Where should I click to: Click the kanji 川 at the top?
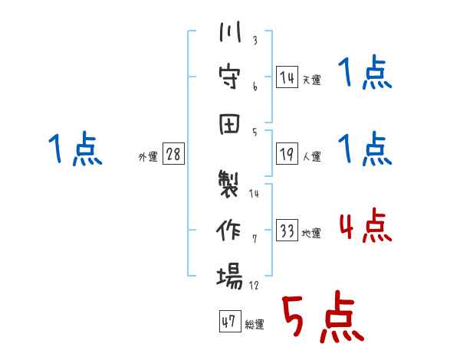pyautogui.click(x=230, y=31)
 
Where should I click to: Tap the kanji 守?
pyautogui.click(x=229, y=77)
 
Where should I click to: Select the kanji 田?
pyautogui.click(x=229, y=124)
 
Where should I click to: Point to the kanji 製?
pyautogui.click(x=228, y=184)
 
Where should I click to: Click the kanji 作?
pyautogui.click(x=228, y=230)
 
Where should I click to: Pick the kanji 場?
pyautogui.click(x=229, y=276)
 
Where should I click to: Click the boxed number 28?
pyautogui.click(x=173, y=153)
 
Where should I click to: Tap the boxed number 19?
pyautogui.click(x=287, y=153)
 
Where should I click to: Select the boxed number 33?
pyautogui.click(x=287, y=230)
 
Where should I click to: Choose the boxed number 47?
pyautogui.click(x=230, y=321)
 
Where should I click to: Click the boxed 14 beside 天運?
pyautogui.click(x=287, y=77)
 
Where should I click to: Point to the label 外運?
pyautogui.click(x=148, y=156)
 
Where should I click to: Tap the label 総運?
pyautogui.click(x=255, y=325)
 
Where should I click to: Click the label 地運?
pyautogui.click(x=311, y=234)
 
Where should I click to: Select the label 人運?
pyautogui.click(x=312, y=156)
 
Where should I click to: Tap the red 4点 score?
pyautogui.click(x=366, y=225)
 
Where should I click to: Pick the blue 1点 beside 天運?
pyautogui.click(x=365, y=72)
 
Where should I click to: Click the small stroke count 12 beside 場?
pyautogui.click(x=254, y=285)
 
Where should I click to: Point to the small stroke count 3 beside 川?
pyautogui.click(x=255, y=40)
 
